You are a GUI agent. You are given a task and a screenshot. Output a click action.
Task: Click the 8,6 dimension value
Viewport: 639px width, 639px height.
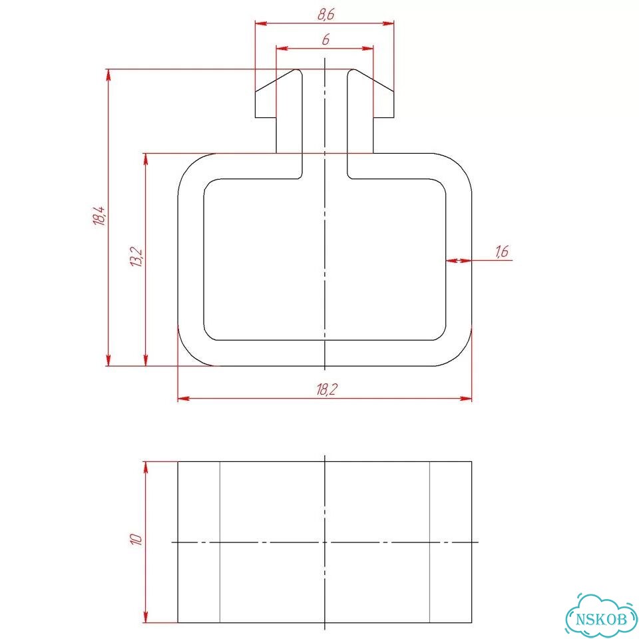[325, 15]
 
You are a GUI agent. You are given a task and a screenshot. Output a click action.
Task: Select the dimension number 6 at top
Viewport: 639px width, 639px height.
[325, 39]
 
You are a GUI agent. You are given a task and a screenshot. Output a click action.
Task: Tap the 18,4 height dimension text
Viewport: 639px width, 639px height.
[99, 216]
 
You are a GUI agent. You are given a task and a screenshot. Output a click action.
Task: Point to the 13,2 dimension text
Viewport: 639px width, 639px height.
[136, 257]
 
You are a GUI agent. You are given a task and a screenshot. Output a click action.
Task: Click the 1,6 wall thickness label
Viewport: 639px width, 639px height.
[502, 252]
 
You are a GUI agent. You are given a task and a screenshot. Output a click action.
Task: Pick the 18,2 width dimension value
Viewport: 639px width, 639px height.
[326, 390]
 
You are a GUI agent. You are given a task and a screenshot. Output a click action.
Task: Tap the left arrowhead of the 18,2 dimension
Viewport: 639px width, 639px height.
[184, 398]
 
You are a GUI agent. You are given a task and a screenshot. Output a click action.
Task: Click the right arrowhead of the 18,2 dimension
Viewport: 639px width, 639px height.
[466, 398]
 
